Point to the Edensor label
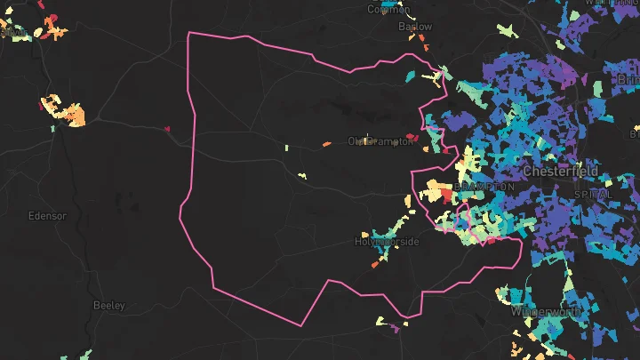point(47,216)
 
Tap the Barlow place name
point(414,27)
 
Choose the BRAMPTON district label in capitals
point(484,187)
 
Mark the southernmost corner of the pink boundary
point(300,326)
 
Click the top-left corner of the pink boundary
point(189,33)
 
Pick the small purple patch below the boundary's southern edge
point(395,328)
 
